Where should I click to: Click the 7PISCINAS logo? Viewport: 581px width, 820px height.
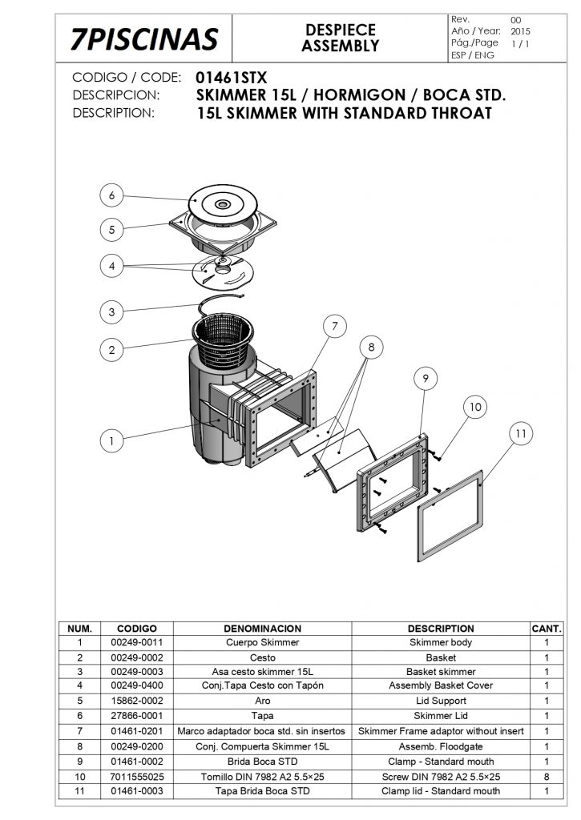point(144,39)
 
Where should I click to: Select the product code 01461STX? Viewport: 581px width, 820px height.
point(231,78)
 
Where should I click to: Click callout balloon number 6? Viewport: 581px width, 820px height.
point(111,195)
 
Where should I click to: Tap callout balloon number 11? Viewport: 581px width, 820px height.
point(521,433)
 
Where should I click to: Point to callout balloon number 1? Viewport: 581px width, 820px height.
point(111,441)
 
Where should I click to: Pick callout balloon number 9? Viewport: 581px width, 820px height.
point(426,378)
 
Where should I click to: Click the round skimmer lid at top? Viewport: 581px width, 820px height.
point(223,203)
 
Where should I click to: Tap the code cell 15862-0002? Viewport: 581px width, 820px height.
point(136,701)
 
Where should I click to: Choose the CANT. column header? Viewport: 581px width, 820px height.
point(547,629)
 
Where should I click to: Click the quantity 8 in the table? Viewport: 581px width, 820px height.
point(547,777)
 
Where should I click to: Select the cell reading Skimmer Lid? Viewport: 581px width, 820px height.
point(441,715)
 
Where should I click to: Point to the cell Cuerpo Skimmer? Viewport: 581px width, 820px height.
point(262,642)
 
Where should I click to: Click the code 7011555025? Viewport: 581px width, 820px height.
point(136,777)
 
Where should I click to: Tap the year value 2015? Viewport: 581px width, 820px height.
point(520,31)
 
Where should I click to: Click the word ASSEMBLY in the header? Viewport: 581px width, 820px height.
point(341,46)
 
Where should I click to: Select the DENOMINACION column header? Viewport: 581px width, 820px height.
point(262,629)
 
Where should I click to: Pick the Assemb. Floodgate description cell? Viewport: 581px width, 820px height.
point(441,746)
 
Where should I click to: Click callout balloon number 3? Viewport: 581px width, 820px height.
point(111,312)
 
